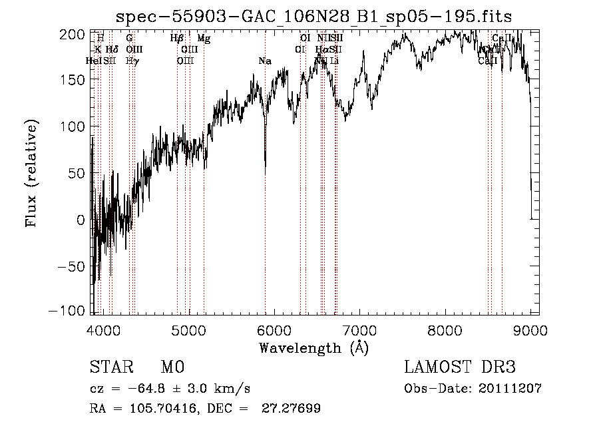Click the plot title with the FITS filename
pos(314,16)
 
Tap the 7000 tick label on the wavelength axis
pos(360,331)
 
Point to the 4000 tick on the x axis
pos(103,331)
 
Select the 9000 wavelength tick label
pos(530,331)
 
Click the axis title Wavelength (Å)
pos(313,347)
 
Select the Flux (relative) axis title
pos(31,172)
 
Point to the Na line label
pos(265,61)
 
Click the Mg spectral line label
pos(204,39)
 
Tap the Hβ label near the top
pos(177,39)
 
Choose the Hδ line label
pos(112,50)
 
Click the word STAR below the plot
pos(111,367)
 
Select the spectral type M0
pos(172,367)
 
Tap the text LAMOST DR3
pos(460,367)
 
